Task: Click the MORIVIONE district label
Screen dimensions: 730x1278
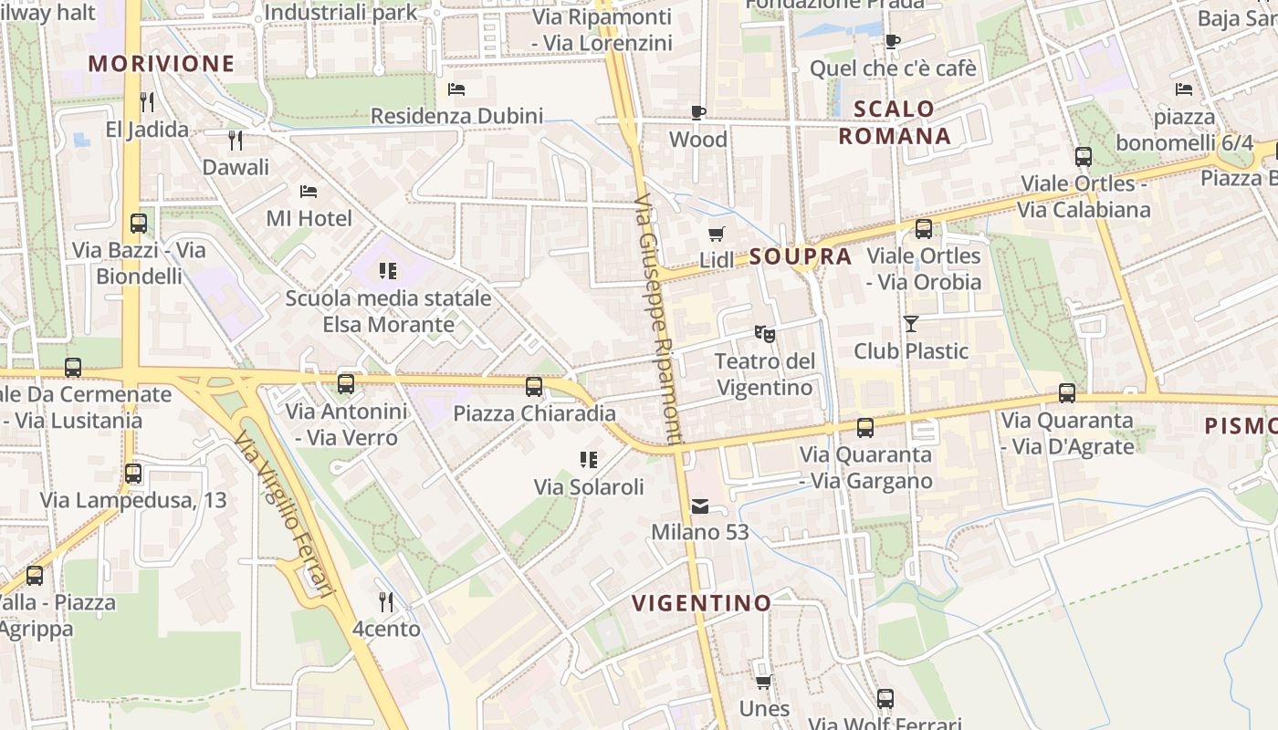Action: pos(162,64)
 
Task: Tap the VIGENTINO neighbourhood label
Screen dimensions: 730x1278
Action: pos(701,602)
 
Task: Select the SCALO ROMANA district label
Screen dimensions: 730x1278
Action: pos(895,122)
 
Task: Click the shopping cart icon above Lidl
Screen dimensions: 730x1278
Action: pos(717,235)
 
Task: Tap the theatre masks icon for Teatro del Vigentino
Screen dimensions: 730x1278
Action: pos(764,335)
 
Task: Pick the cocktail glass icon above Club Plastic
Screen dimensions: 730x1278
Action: pos(910,323)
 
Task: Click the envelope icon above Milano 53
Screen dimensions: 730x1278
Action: pos(700,506)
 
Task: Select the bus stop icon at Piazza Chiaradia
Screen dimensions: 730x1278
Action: pos(534,387)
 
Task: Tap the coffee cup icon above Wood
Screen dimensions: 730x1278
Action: pos(698,113)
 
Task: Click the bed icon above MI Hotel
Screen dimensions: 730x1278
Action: pos(309,192)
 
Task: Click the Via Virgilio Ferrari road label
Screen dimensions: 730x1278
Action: pos(285,516)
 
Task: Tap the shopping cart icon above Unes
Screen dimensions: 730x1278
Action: pos(764,683)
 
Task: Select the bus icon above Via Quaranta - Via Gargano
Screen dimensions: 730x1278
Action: pos(865,428)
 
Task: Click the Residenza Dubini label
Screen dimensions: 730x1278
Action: pos(456,116)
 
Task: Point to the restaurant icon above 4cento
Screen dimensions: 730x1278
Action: pos(386,602)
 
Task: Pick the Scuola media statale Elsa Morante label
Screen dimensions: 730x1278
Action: pos(389,311)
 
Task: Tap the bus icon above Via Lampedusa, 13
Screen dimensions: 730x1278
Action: pos(133,474)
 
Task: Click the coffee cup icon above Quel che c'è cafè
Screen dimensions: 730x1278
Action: pos(892,41)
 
